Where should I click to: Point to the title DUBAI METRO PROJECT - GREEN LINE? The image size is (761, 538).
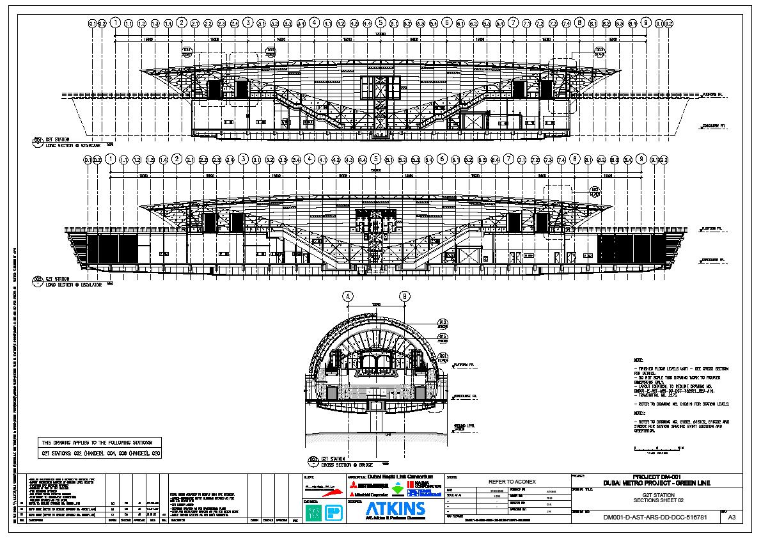(658, 483)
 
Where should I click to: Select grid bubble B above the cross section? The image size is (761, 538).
(405, 296)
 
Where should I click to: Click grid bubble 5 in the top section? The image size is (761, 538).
(380, 23)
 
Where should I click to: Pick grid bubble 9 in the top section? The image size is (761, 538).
(646, 23)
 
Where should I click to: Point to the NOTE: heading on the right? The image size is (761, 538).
(638, 361)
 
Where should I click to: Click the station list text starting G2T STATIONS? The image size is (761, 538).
(100, 454)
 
